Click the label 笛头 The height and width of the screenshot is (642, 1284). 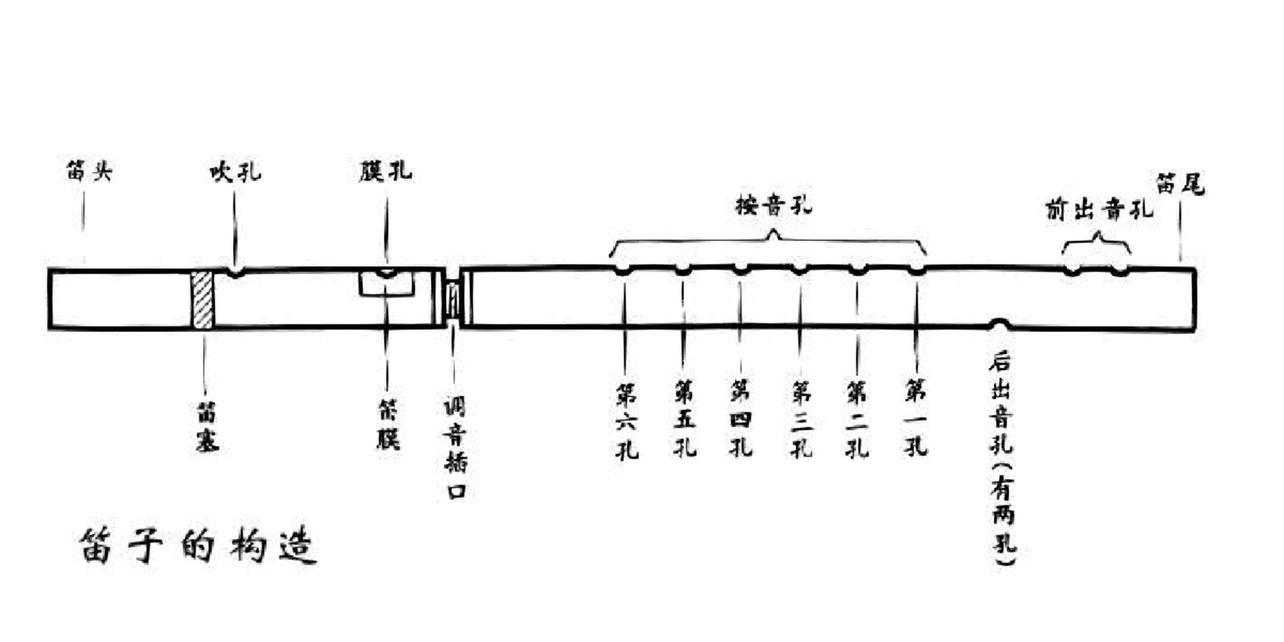(x=89, y=171)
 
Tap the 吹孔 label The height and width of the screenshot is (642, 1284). (x=235, y=173)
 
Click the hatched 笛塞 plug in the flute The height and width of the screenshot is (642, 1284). (x=203, y=300)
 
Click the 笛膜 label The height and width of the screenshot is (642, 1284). (x=388, y=424)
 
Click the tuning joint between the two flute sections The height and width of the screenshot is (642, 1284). (x=453, y=299)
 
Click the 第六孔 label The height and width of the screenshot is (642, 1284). (x=626, y=421)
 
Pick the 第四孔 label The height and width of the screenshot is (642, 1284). (x=740, y=418)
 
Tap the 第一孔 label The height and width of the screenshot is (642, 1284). (x=916, y=418)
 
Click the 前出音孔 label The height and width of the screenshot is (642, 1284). (x=1099, y=210)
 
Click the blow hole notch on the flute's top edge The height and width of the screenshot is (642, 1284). (x=235, y=273)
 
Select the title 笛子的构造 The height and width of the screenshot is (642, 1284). (x=198, y=546)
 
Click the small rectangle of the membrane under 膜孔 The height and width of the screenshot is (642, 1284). (x=387, y=284)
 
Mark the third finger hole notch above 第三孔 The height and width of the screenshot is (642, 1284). (x=799, y=270)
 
